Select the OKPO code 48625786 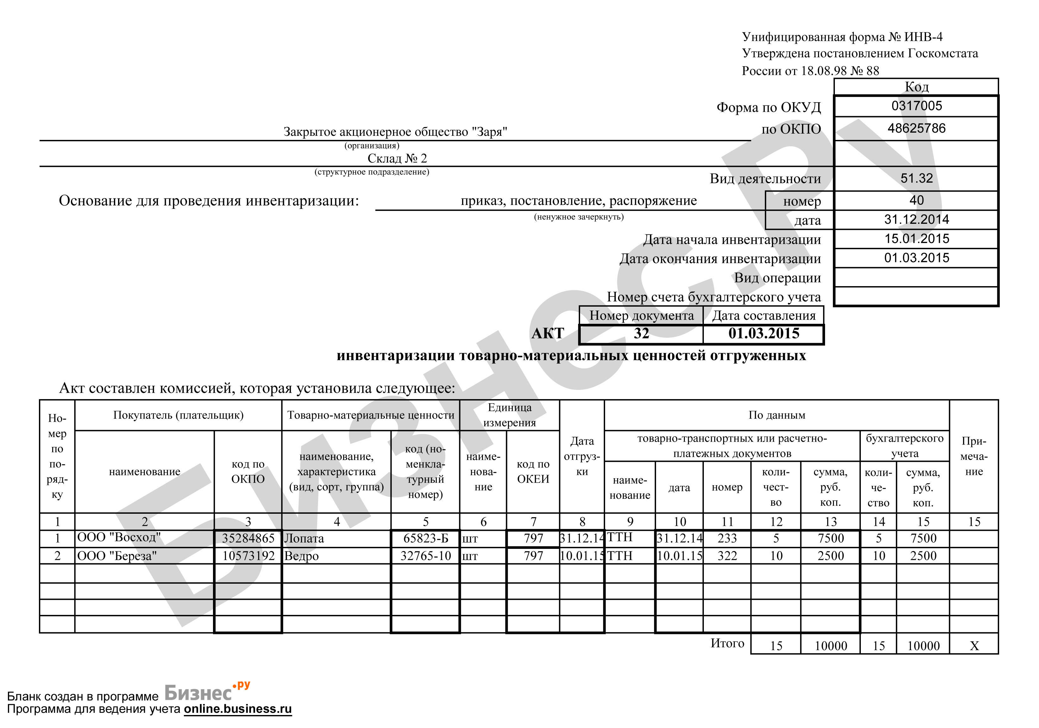coord(917,129)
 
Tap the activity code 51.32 coord(917,178)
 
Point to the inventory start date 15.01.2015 coord(917,239)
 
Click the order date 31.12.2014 coord(917,220)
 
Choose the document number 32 coord(641,334)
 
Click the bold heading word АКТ coord(548,334)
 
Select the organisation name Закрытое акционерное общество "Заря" coord(395,132)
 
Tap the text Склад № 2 coord(397,158)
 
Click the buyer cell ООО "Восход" coord(119,537)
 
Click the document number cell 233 coord(727,538)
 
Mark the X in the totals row coord(974,646)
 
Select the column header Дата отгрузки coord(582,456)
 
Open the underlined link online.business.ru coord(238,709)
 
